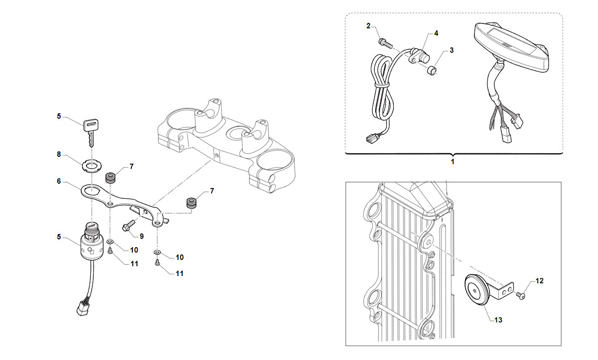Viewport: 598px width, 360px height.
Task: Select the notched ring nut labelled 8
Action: coord(91,166)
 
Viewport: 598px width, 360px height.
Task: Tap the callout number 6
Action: coord(59,181)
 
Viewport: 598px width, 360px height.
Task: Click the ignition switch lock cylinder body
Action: coord(91,242)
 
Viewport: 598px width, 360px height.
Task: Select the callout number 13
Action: coord(498,320)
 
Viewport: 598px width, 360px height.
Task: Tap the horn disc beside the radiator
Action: coord(477,290)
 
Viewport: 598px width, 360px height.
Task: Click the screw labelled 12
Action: coord(520,295)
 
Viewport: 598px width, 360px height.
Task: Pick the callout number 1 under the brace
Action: coord(452,162)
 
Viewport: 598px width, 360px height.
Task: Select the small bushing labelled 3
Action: coord(432,71)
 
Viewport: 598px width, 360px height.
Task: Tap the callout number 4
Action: coord(436,33)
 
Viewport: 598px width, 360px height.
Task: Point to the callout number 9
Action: coord(142,236)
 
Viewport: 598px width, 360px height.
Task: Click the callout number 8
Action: coord(59,154)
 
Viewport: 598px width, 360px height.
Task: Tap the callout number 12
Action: coord(539,281)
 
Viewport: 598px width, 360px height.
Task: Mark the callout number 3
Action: coord(451,50)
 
